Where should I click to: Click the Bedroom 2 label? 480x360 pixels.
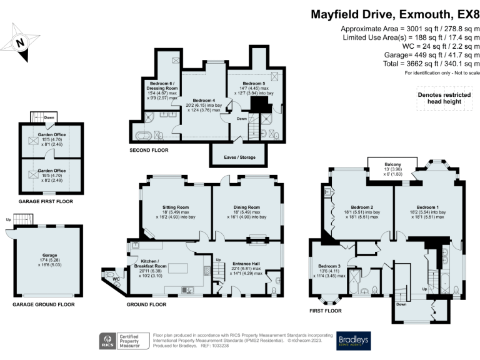coord(362,207)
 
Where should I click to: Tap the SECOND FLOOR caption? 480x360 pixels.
coord(149,151)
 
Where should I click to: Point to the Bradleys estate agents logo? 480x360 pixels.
coord(354,340)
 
